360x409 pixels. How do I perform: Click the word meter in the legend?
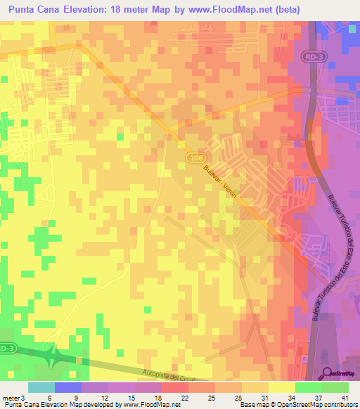click(x=10, y=398)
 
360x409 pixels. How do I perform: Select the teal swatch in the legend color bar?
click(x=41, y=387)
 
